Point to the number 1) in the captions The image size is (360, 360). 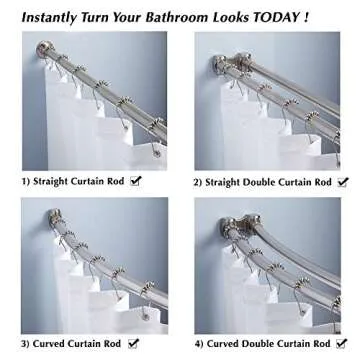click(27, 181)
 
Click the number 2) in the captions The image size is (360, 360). click(201, 182)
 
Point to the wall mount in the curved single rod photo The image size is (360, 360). click(42, 215)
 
